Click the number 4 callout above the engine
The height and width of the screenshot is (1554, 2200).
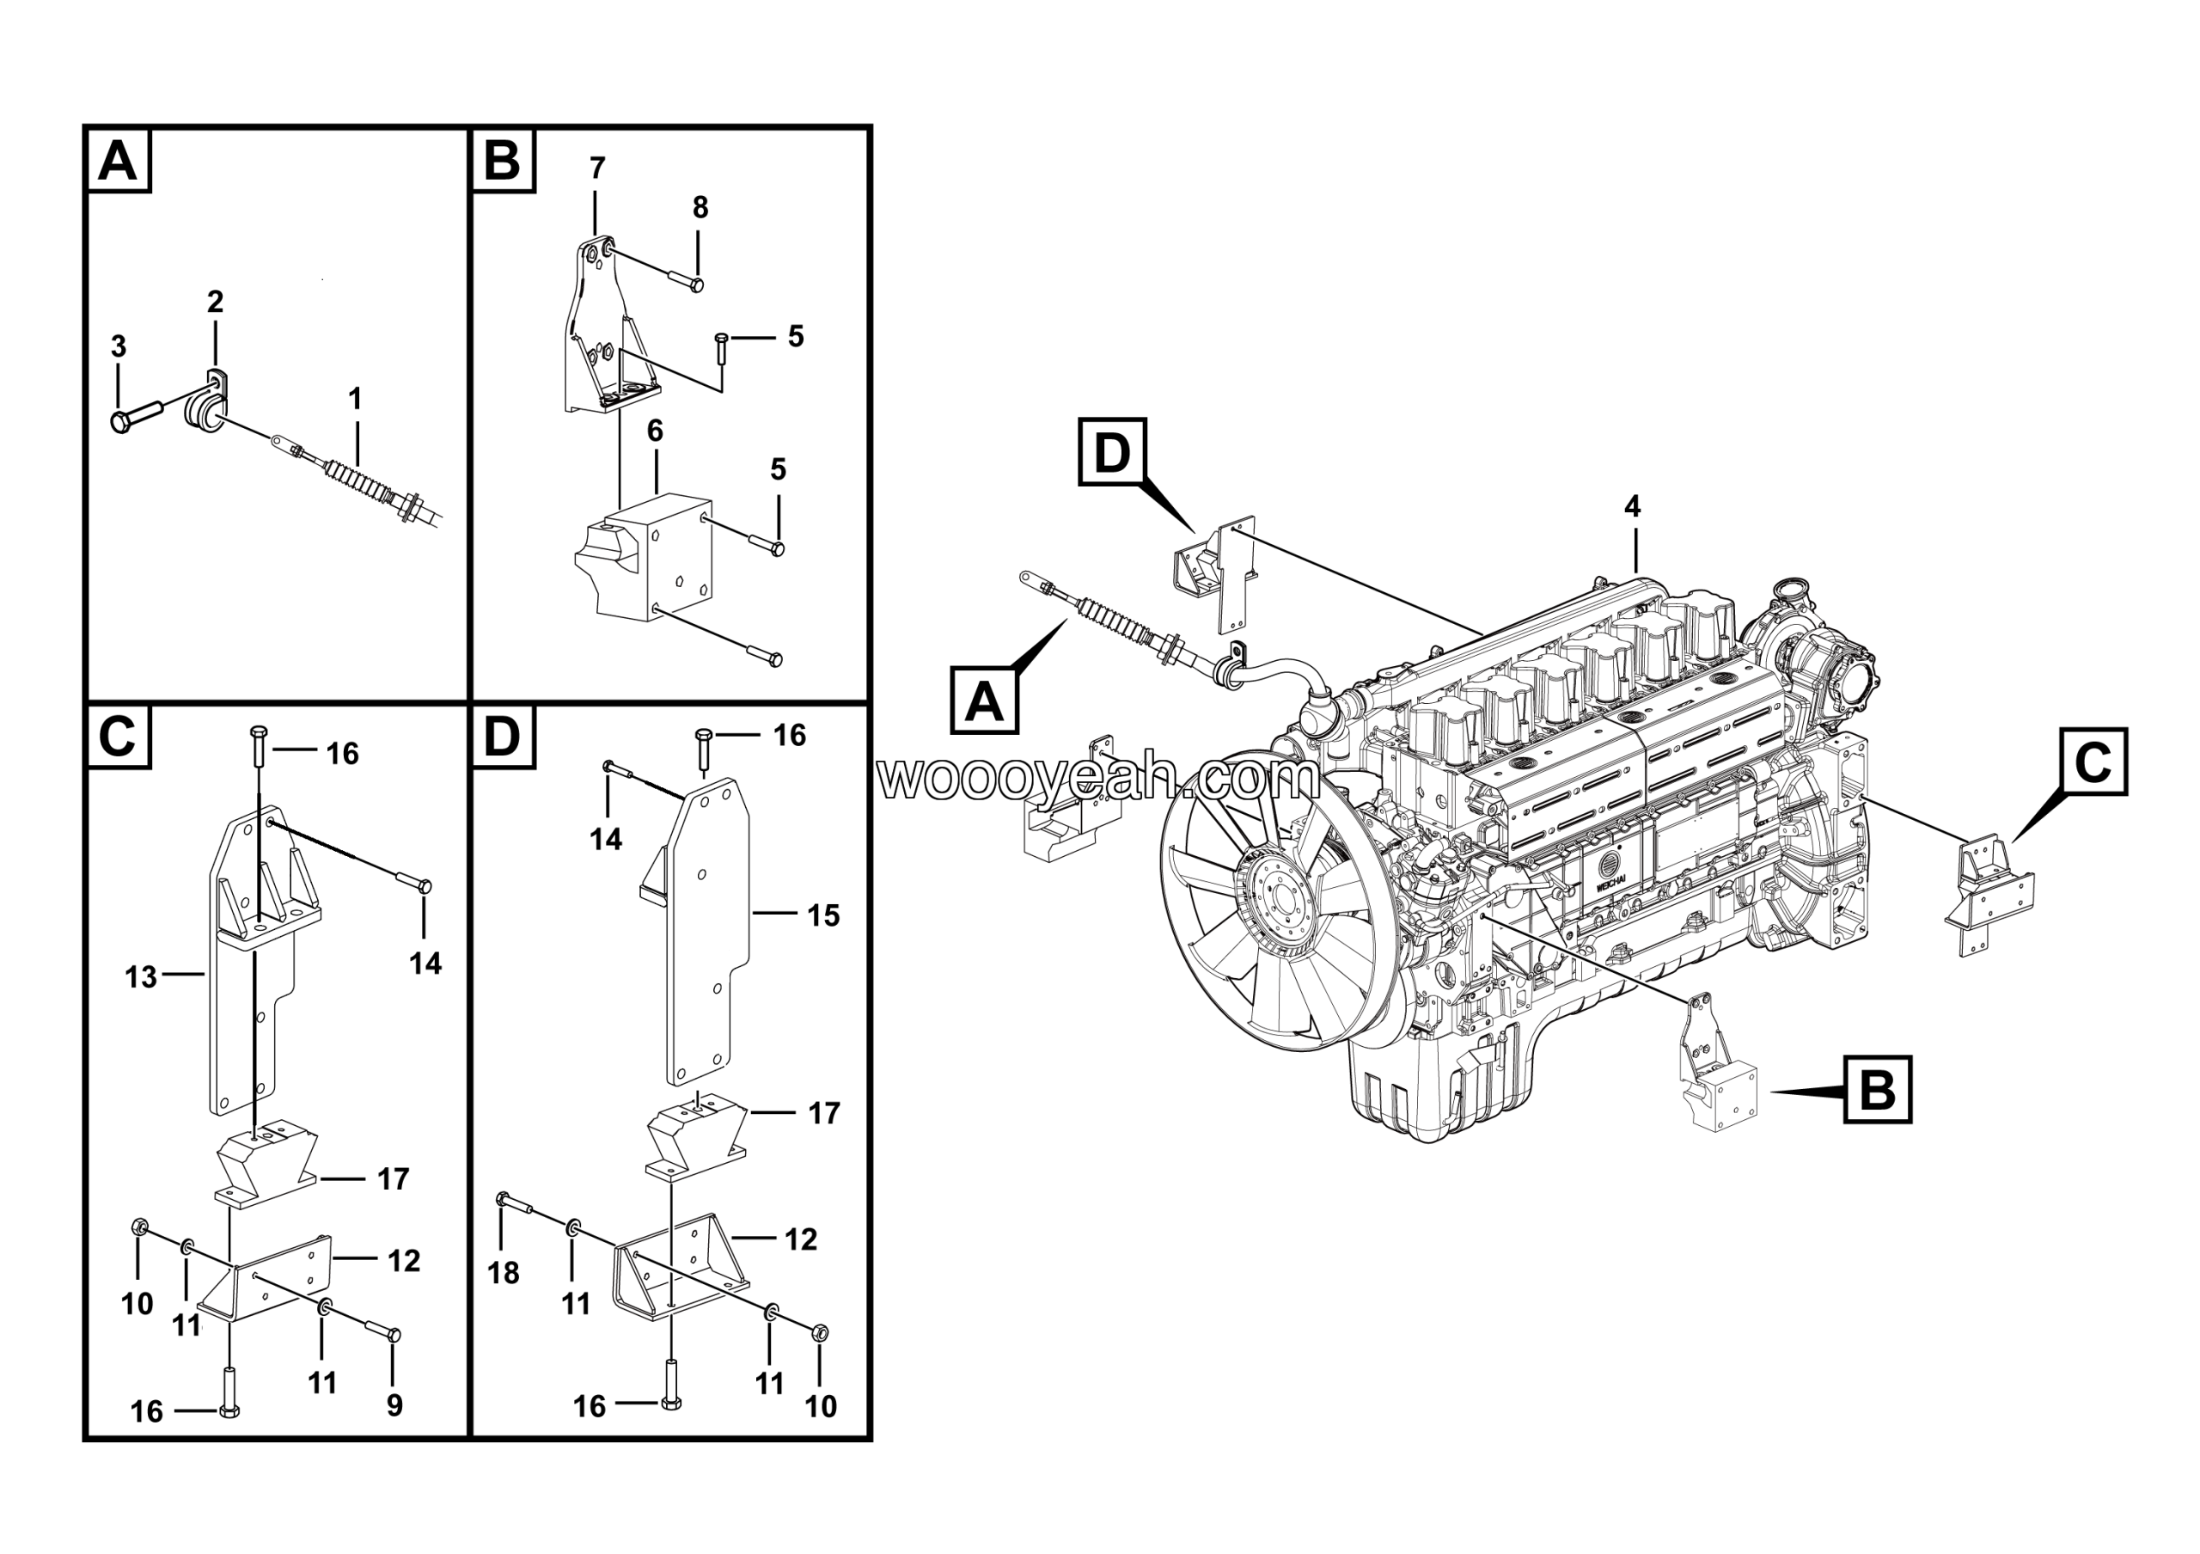(x=1633, y=506)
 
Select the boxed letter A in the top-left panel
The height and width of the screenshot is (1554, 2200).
(x=119, y=160)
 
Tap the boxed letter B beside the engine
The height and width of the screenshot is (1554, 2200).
(x=1877, y=1089)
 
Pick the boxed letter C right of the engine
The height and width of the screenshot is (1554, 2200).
(x=2093, y=762)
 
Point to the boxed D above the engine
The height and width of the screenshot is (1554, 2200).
(x=1111, y=452)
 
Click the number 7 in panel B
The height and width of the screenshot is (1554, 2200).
(x=598, y=168)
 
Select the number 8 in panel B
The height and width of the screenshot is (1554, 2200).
(x=700, y=207)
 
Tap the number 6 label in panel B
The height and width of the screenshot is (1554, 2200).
(x=656, y=431)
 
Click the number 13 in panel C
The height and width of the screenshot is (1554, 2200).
(x=141, y=977)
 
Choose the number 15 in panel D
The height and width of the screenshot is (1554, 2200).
(x=823, y=916)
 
